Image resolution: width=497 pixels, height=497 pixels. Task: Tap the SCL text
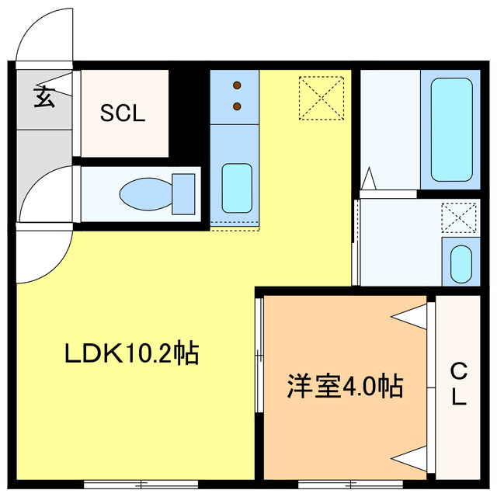click(123, 113)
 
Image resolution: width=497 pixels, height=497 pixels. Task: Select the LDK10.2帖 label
click(131, 354)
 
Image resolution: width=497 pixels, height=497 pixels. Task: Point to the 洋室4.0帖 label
click(346, 385)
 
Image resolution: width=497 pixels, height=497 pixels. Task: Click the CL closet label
click(459, 385)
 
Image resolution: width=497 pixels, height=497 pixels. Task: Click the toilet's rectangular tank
click(183, 193)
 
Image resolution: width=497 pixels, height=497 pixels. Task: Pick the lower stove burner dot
click(238, 105)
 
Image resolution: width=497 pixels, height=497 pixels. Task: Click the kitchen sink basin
click(236, 188)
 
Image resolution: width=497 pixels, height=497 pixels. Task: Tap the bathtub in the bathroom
click(450, 128)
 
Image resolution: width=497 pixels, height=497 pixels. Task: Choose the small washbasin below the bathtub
click(461, 264)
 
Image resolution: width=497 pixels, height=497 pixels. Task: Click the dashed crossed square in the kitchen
click(322, 97)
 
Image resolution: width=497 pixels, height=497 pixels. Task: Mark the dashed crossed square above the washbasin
click(458, 217)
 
